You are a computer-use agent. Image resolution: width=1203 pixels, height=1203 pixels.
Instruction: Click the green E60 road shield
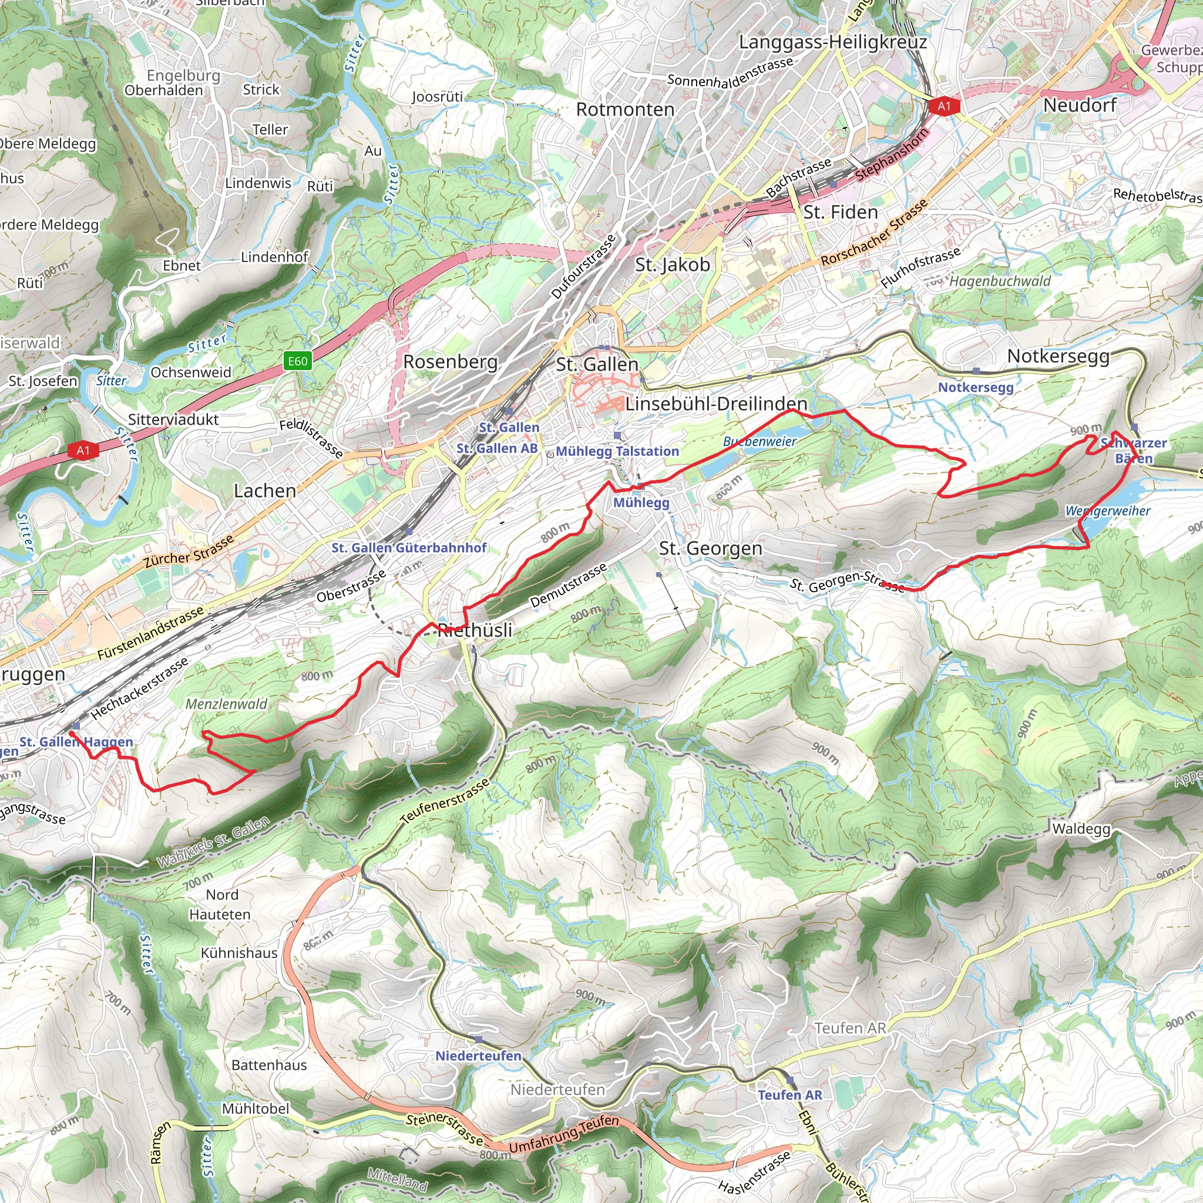tap(297, 361)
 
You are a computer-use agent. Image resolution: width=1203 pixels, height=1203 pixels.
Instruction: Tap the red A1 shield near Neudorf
tap(944, 106)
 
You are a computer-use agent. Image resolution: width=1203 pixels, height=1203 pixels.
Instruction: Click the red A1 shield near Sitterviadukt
tap(83, 450)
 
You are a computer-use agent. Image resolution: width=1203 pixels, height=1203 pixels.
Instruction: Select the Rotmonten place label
tap(624, 110)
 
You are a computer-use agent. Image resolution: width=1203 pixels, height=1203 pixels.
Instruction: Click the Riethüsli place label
tap(475, 630)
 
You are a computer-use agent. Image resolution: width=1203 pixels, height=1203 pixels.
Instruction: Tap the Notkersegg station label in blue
tap(975, 387)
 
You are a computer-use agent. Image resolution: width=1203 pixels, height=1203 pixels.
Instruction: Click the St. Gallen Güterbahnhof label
tap(409, 548)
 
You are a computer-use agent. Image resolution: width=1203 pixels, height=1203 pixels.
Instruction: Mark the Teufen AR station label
tap(789, 1095)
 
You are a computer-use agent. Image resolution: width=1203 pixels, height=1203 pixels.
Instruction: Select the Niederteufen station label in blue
tap(478, 1056)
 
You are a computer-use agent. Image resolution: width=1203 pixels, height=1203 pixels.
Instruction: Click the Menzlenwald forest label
tap(227, 704)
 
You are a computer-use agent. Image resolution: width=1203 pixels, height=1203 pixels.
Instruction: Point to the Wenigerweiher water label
tap(1108, 511)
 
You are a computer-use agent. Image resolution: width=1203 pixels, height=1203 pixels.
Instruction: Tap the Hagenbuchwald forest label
tap(999, 281)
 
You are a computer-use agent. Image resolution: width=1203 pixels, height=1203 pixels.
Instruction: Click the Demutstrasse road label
tap(568, 585)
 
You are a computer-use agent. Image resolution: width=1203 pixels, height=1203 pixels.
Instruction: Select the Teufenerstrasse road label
tap(446, 801)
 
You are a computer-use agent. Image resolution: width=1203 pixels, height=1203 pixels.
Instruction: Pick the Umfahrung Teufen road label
tap(563, 1134)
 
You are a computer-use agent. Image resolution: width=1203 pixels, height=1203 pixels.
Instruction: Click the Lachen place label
tap(265, 490)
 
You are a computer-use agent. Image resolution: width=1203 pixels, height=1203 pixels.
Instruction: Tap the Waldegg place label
tap(1080, 829)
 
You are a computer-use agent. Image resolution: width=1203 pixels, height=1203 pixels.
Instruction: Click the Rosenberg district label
tap(450, 362)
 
